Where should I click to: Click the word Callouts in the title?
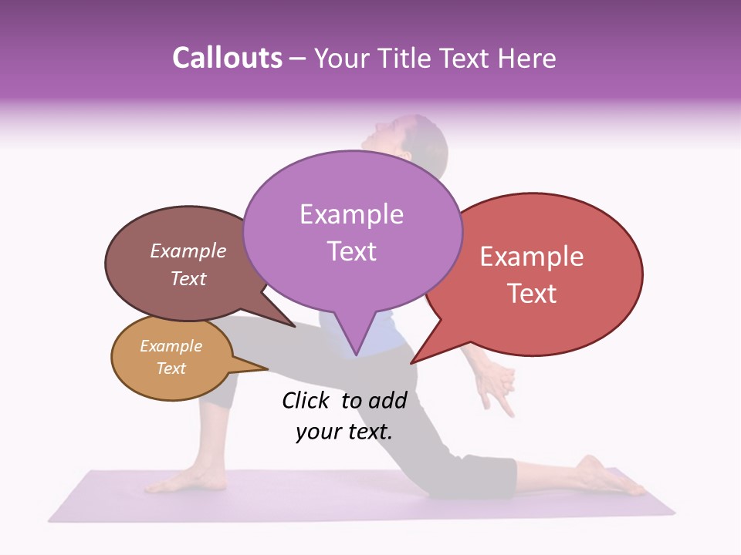pyautogui.click(x=227, y=59)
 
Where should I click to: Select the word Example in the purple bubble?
pyautogui.click(x=351, y=214)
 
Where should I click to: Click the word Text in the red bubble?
pyautogui.click(x=533, y=294)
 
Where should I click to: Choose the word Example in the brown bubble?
pyautogui.click(x=188, y=251)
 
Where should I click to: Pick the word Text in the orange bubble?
pyautogui.click(x=171, y=368)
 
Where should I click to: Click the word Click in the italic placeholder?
pyautogui.click(x=305, y=400)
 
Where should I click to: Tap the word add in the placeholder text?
pyautogui.click(x=387, y=400)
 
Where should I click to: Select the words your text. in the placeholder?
pyautogui.click(x=344, y=432)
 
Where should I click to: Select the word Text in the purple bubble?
pyautogui.click(x=351, y=251)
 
